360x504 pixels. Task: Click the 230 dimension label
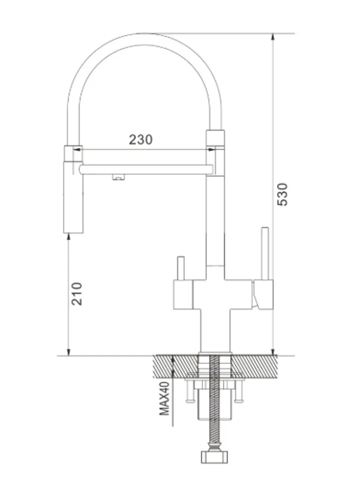pos(140,140)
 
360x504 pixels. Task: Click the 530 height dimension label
pos(282,194)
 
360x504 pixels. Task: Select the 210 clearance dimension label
pos(77,294)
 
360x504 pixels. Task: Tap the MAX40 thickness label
pos(164,399)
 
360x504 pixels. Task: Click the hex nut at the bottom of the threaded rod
pos(215,457)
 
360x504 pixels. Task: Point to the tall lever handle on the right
pos(265,254)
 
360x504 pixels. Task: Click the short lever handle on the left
pos(181,269)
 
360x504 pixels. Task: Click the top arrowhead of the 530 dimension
pos(273,36)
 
